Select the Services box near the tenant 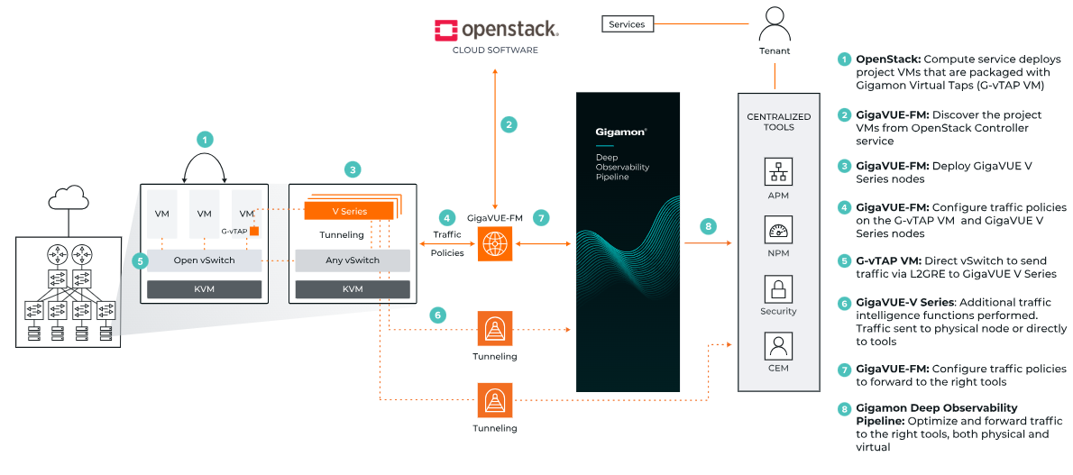click(627, 24)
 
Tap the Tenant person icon click(774, 23)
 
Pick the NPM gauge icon click(777, 230)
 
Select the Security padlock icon click(777, 288)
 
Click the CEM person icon click(777, 346)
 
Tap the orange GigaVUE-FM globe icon click(495, 243)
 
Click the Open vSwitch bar click(204, 260)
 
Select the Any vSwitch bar click(352, 260)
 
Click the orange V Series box click(348, 210)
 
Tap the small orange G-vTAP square click(255, 231)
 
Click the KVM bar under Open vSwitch click(204, 289)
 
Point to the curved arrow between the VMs click(206, 167)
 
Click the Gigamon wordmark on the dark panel click(620, 131)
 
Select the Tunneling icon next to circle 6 click(495, 329)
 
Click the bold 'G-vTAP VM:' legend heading click(893, 261)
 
